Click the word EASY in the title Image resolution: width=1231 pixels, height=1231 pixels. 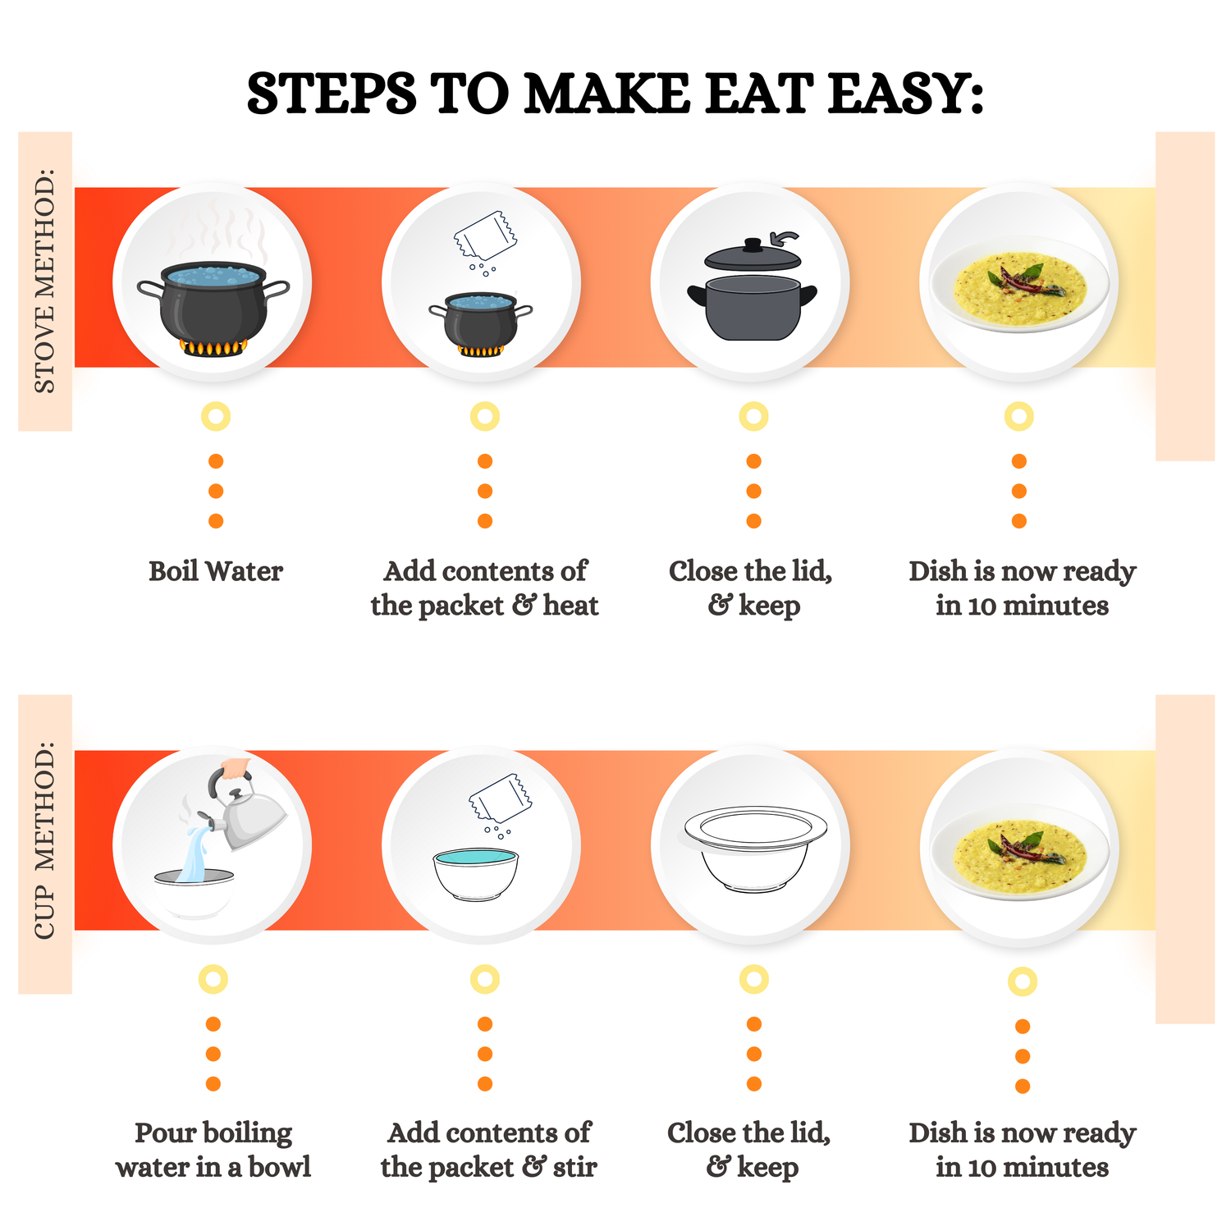904,94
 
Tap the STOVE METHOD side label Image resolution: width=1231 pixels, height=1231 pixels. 45,281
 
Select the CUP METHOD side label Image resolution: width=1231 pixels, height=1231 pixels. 45,841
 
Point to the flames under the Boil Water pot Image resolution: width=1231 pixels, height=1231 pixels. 213,347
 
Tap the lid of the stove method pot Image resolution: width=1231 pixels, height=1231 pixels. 753,255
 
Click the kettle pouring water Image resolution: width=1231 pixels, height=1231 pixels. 246,812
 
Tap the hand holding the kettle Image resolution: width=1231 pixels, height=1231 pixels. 236,768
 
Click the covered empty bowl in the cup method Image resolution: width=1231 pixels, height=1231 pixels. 754,849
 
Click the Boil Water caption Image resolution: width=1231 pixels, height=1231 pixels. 216,571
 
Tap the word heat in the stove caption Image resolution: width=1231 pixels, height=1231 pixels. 571,606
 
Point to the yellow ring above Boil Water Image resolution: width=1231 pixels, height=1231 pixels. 216,417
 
